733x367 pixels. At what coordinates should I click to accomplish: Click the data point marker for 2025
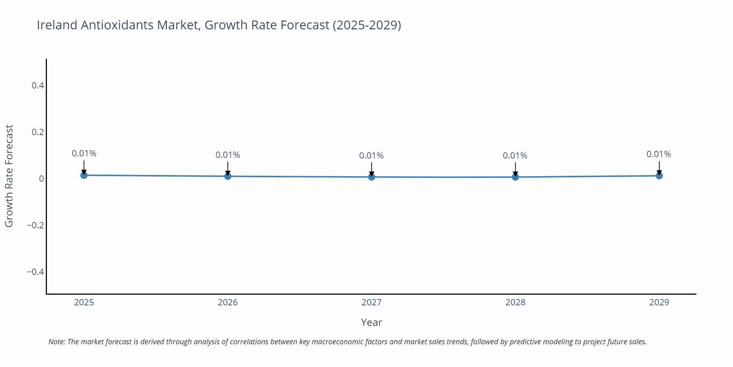pyautogui.click(x=84, y=175)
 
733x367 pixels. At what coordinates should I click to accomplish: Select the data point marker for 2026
pyautogui.click(x=228, y=176)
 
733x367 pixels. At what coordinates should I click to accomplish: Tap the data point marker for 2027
pyautogui.click(x=372, y=177)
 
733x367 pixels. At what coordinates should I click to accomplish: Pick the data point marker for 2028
pyautogui.click(x=515, y=177)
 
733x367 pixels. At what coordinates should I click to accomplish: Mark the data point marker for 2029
pyautogui.click(x=659, y=176)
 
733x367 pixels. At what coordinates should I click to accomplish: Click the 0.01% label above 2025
pyautogui.click(x=84, y=153)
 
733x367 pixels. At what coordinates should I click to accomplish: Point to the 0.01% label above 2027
pyautogui.click(x=371, y=156)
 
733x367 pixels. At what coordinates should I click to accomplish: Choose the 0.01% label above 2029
pyautogui.click(x=659, y=154)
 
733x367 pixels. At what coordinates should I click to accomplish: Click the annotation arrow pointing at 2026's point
pyautogui.click(x=228, y=168)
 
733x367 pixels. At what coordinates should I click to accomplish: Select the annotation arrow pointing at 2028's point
pyautogui.click(x=515, y=169)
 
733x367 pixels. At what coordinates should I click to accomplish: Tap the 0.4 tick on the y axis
pyautogui.click(x=38, y=86)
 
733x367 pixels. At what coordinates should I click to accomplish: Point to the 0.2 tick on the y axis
pyautogui.click(x=38, y=132)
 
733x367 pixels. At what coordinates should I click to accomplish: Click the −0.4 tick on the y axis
pyautogui.click(x=36, y=272)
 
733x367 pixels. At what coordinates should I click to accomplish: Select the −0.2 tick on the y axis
pyautogui.click(x=36, y=225)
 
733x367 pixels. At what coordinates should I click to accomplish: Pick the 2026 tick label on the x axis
pyautogui.click(x=228, y=302)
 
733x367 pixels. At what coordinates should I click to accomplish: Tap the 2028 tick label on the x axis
pyautogui.click(x=515, y=302)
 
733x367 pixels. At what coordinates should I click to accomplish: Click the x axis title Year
pyautogui.click(x=371, y=322)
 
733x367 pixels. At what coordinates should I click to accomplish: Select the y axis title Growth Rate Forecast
pyautogui.click(x=9, y=176)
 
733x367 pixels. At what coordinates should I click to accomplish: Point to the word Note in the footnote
pyautogui.click(x=56, y=342)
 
